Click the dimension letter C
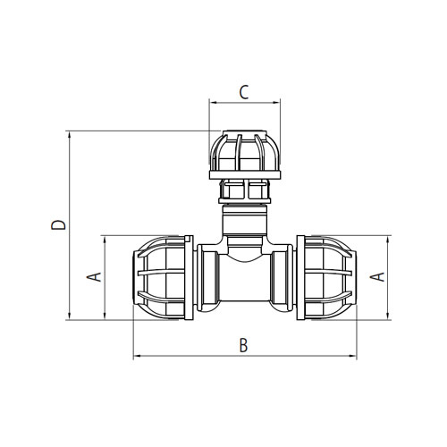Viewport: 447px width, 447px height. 244,92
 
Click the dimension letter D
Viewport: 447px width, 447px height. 58,225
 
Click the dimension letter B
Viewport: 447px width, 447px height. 243,345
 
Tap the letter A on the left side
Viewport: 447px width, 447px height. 94,277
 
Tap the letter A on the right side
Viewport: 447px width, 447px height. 377,277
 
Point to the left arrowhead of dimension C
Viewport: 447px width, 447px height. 213,103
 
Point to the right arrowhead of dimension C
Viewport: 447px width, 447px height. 277,103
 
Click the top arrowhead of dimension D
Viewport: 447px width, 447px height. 69,135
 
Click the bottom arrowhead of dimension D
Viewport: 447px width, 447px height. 69,316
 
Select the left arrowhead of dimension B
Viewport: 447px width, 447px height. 137,356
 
